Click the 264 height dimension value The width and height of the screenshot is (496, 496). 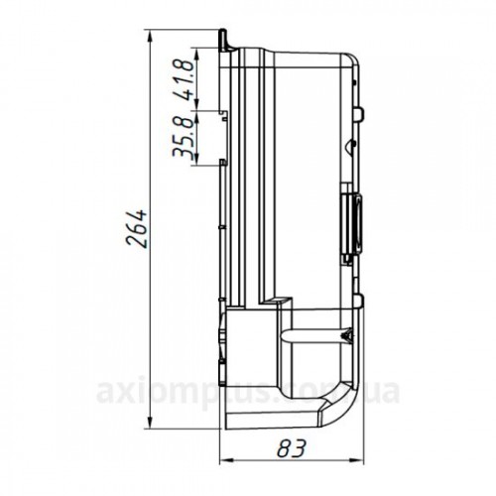point(137,228)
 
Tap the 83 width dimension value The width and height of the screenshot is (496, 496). point(292,448)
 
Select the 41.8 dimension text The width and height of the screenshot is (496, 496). point(185,79)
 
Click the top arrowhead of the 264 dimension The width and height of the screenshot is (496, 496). point(150,37)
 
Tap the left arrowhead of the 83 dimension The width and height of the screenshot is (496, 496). point(226,459)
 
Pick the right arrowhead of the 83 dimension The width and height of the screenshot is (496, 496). point(357,459)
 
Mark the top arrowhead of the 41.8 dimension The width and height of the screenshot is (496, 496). point(197,54)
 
